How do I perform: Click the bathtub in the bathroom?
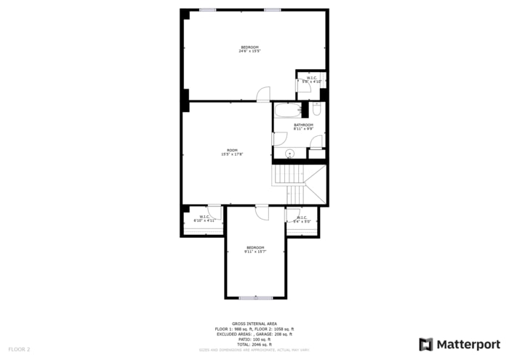point(286,111)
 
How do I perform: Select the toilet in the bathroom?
point(316,109)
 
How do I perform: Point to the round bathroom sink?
point(289,153)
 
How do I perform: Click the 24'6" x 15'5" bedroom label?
point(249,49)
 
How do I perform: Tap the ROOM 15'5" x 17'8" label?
point(231,152)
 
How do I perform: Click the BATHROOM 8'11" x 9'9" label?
point(303,127)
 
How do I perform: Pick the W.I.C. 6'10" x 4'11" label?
point(204,217)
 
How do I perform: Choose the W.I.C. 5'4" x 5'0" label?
point(302,218)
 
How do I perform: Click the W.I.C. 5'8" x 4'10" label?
point(311,80)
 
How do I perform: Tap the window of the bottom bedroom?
point(255,297)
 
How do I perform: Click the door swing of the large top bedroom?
point(263,94)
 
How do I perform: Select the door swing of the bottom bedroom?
point(262,212)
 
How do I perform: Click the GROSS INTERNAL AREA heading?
point(254,324)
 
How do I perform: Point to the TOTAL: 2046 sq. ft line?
point(254,343)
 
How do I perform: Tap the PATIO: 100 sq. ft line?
point(254,339)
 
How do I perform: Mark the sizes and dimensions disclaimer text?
point(254,350)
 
